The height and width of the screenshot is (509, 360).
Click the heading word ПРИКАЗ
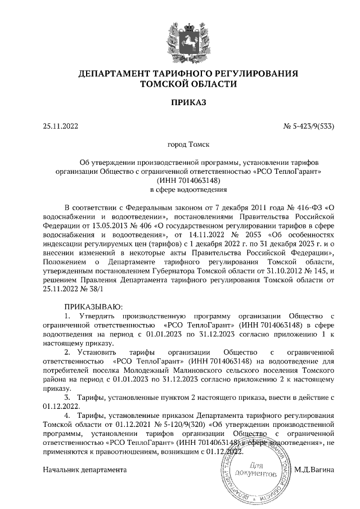click(180, 103)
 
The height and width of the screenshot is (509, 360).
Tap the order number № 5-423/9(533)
click(308, 127)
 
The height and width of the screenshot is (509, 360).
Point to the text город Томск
click(180, 145)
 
